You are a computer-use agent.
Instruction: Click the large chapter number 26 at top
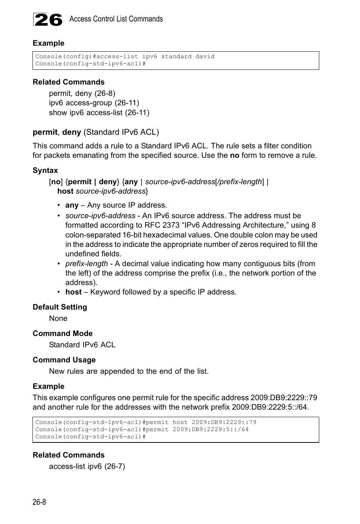click(48, 20)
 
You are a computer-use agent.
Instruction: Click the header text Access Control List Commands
click(116, 19)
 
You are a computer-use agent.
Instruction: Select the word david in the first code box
click(205, 56)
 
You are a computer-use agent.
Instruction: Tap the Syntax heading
click(45, 170)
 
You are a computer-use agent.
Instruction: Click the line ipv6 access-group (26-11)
click(94, 103)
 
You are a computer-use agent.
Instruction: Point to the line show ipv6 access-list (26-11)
click(99, 113)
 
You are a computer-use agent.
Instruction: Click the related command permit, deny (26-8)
click(82, 93)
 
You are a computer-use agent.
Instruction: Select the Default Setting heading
click(60, 307)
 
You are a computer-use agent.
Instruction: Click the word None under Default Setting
click(58, 318)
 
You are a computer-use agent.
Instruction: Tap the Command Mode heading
click(62, 333)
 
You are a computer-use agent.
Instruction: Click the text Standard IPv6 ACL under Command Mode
click(82, 345)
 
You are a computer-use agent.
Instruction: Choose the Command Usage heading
click(64, 360)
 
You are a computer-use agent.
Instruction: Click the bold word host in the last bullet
click(73, 292)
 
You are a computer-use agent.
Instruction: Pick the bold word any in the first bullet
click(72, 205)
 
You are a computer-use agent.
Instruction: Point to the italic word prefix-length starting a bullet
click(86, 264)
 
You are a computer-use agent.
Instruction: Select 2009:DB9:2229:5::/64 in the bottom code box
click(211, 429)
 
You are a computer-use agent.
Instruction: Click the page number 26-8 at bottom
click(39, 502)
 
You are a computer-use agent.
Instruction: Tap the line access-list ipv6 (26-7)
click(87, 466)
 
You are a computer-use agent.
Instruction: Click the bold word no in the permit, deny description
click(234, 155)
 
